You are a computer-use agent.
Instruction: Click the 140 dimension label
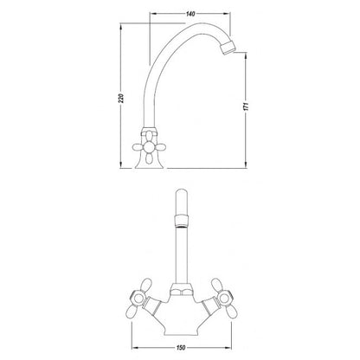[190, 14]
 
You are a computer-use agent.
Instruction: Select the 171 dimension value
[246, 106]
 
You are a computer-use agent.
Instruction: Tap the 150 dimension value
[181, 348]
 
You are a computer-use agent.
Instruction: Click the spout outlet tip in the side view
[228, 48]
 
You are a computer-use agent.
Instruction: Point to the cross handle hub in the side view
[150, 147]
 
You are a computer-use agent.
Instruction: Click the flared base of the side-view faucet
[150, 163]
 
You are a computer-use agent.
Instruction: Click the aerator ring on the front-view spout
[182, 222]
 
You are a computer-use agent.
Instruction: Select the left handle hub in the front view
[138, 298]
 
